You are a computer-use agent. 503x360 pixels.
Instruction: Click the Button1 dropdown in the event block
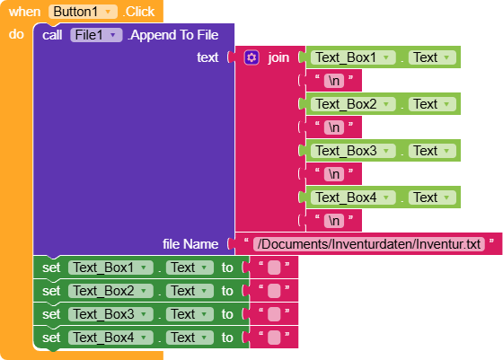tap(83, 12)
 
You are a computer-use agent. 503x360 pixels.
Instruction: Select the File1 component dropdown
tap(96, 35)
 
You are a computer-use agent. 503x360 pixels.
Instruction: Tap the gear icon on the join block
tap(251, 57)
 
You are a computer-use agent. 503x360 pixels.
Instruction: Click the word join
tap(278, 57)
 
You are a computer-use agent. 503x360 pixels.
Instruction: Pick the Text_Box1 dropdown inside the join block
tap(353, 57)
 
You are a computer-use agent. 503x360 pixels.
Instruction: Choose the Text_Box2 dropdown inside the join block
tap(353, 104)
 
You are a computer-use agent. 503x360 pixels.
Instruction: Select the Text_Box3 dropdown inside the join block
tap(353, 151)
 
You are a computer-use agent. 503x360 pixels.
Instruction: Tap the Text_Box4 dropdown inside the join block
tap(353, 198)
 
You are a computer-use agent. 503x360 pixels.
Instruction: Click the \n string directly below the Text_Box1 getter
tap(334, 81)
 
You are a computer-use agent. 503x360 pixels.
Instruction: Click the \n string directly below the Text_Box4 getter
tap(334, 221)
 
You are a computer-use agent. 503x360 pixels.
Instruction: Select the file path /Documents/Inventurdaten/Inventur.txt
tap(369, 244)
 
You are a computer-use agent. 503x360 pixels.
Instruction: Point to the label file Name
tap(190, 244)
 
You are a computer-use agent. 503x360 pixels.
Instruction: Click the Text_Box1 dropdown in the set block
tap(110, 268)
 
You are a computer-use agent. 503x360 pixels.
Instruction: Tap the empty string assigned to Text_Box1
tap(274, 268)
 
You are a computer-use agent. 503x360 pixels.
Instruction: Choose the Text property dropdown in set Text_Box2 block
tap(190, 291)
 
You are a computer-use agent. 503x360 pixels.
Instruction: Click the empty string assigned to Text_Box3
tap(274, 314)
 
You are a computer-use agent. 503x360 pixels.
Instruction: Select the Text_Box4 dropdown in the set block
tap(110, 338)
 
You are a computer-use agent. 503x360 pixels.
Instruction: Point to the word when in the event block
tap(25, 12)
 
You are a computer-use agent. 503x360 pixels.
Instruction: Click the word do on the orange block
tap(16, 34)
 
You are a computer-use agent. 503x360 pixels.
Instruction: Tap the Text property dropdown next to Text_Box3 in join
tap(432, 151)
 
